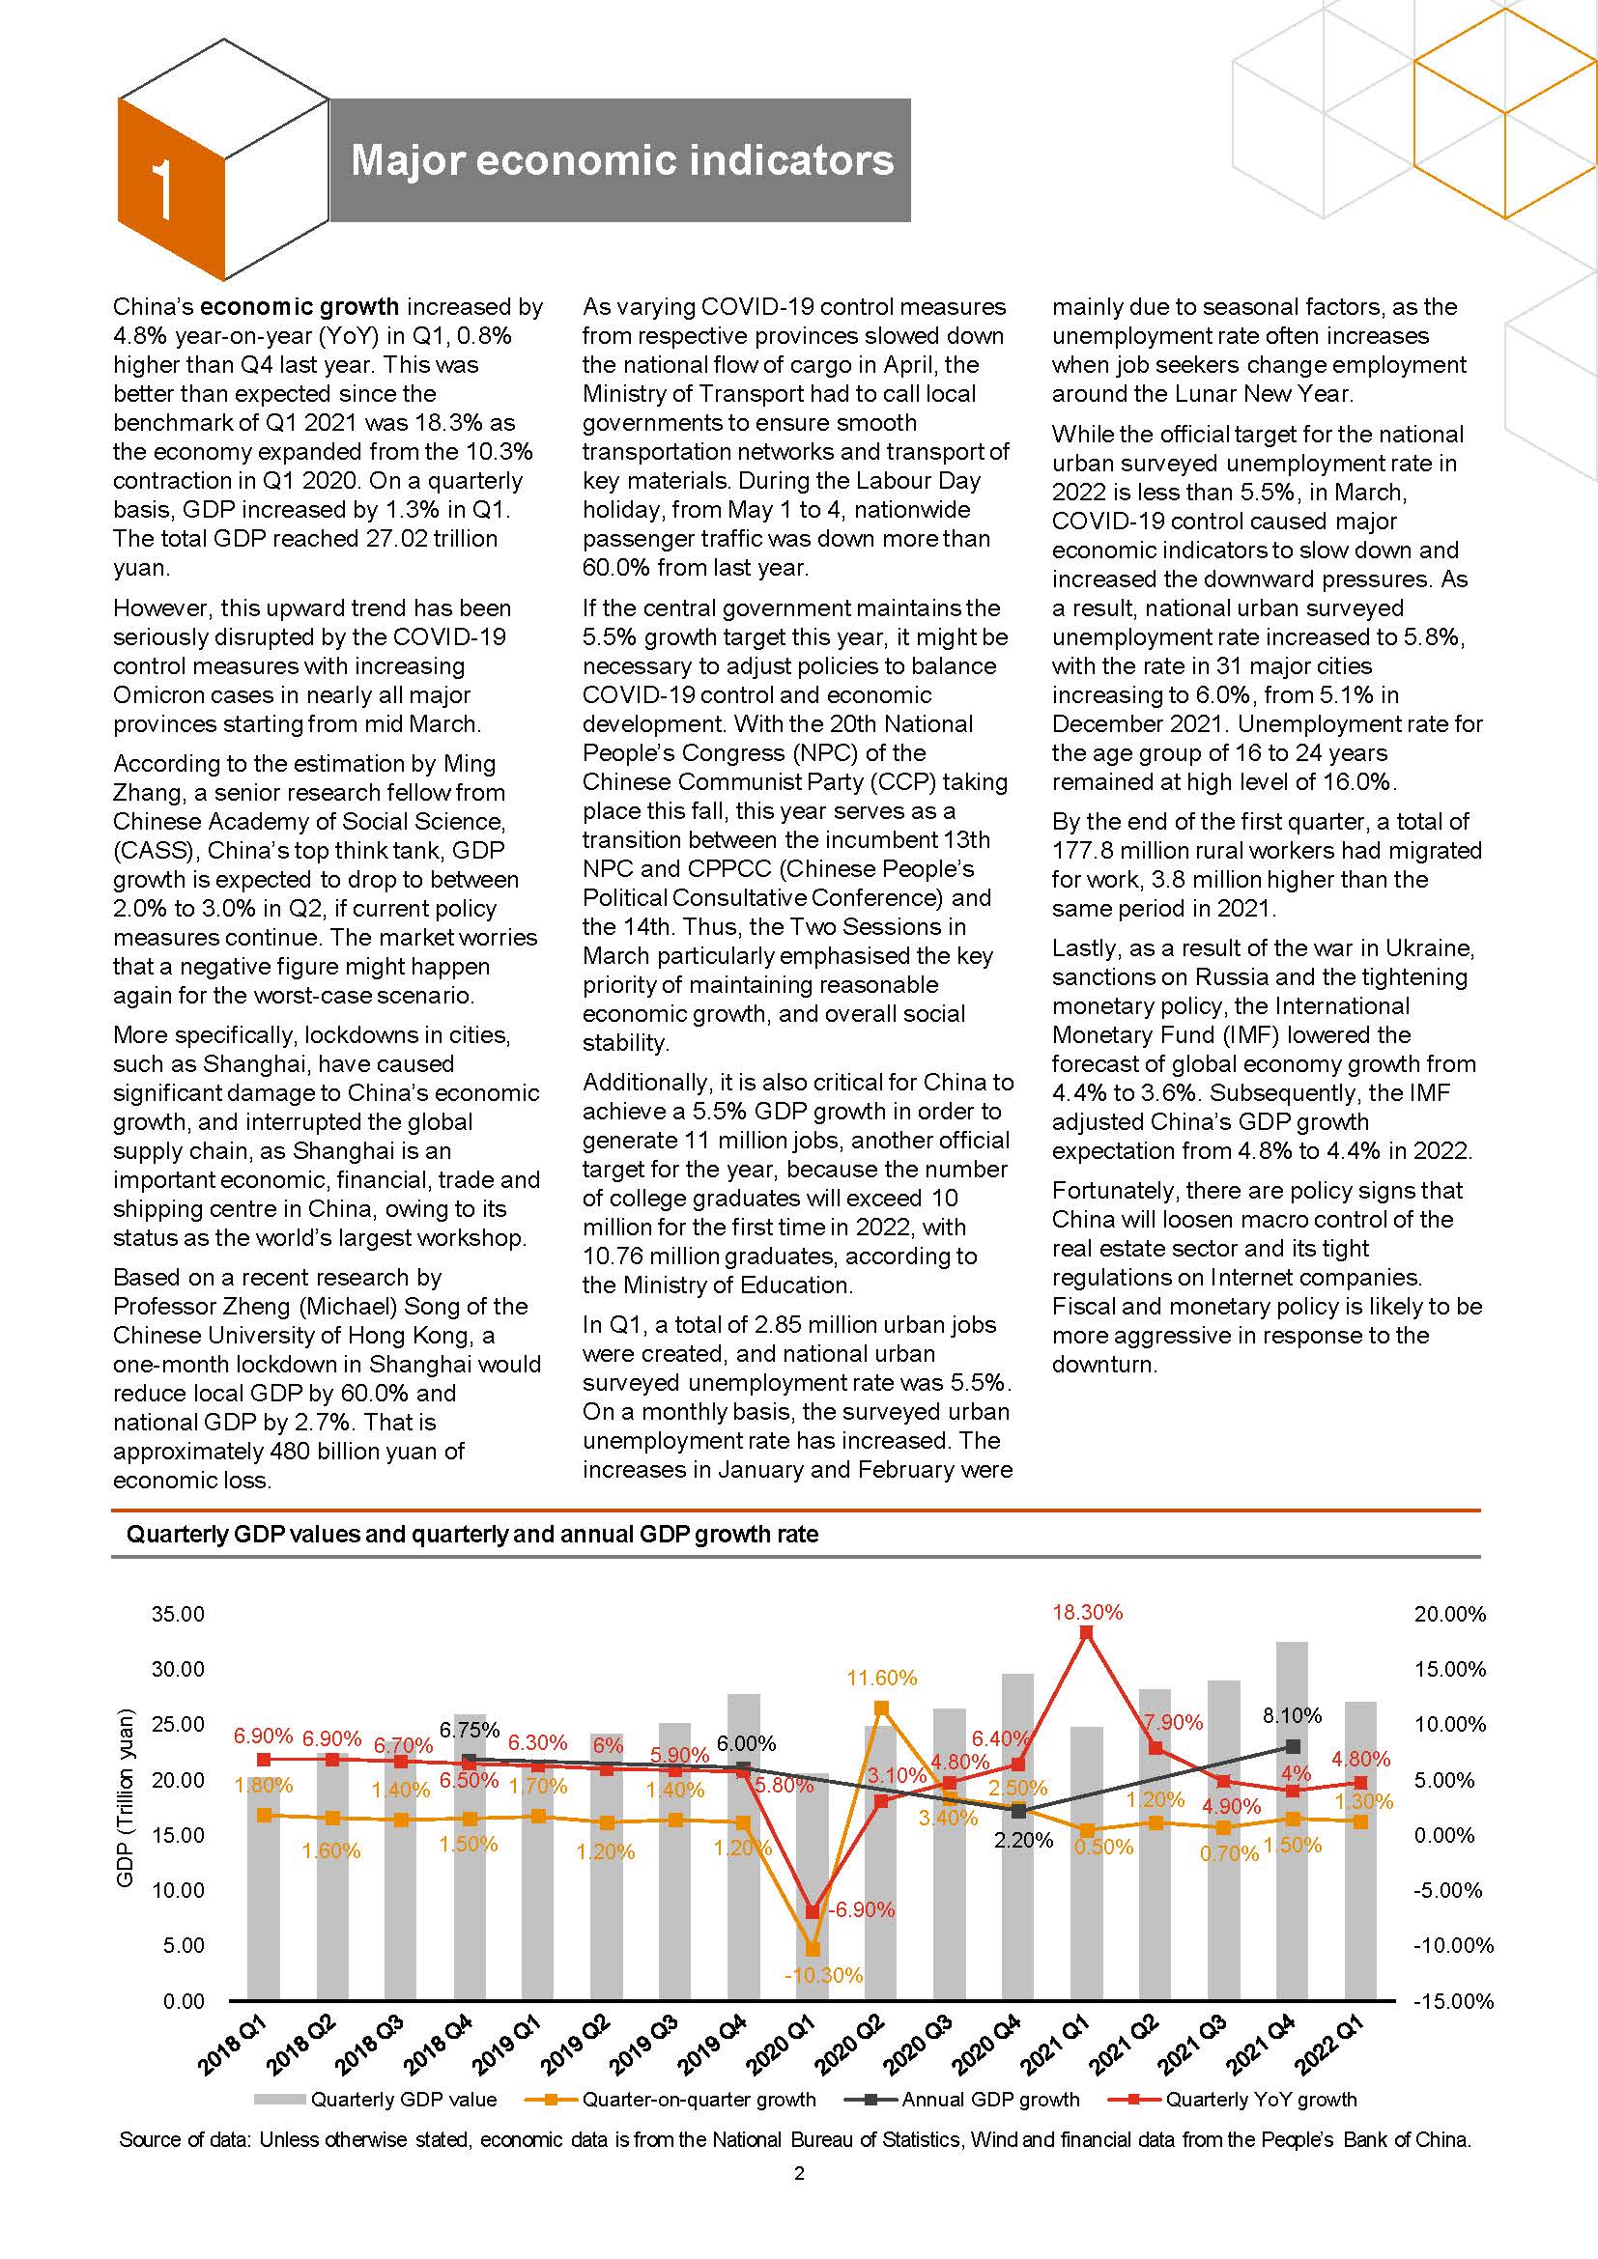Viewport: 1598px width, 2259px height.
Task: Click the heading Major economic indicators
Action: coord(621,160)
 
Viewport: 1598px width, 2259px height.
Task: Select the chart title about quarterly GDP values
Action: coord(471,1534)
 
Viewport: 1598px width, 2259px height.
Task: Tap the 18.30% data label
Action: coord(1086,1612)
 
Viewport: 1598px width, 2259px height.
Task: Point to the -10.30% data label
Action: coord(823,1975)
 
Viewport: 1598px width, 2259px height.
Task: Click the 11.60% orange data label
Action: coord(882,1678)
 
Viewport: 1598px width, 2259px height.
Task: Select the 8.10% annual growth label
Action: coord(1292,1716)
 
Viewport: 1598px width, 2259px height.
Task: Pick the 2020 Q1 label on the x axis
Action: coord(785,2046)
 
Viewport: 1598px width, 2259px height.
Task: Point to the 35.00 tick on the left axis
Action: coord(178,1614)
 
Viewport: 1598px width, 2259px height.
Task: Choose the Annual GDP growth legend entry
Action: coord(990,2100)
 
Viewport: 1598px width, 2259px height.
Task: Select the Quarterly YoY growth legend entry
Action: coord(1261,2100)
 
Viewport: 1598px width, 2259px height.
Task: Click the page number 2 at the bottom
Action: coord(799,2173)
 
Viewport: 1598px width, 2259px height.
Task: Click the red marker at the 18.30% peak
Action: coord(1086,1632)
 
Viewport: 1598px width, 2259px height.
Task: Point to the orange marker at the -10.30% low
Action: coord(813,1949)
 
